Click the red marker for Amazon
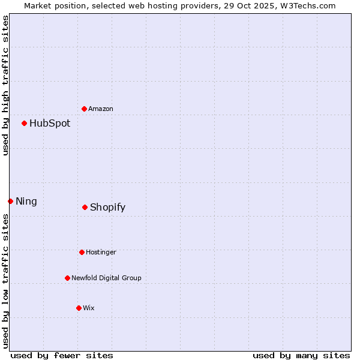tap(85, 109)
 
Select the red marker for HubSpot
tap(25, 124)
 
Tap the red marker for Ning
tap(10, 201)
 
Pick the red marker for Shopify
tap(85, 207)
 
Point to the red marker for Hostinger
tap(82, 252)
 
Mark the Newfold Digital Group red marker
tap(67, 278)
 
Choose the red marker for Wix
tap(79, 308)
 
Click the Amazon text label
tap(101, 109)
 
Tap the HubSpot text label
tap(50, 124)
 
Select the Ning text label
tap(26, 202)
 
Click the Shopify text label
tap(108, 208)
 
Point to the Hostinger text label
tap(101, 252)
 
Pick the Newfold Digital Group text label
tap(106, 278)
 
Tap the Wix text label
tap(89, 308)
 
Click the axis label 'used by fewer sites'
tap(62, 355)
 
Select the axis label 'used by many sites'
tap(301, 355)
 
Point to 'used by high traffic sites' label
tap(5, 85)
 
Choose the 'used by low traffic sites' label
tap(5, 281)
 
